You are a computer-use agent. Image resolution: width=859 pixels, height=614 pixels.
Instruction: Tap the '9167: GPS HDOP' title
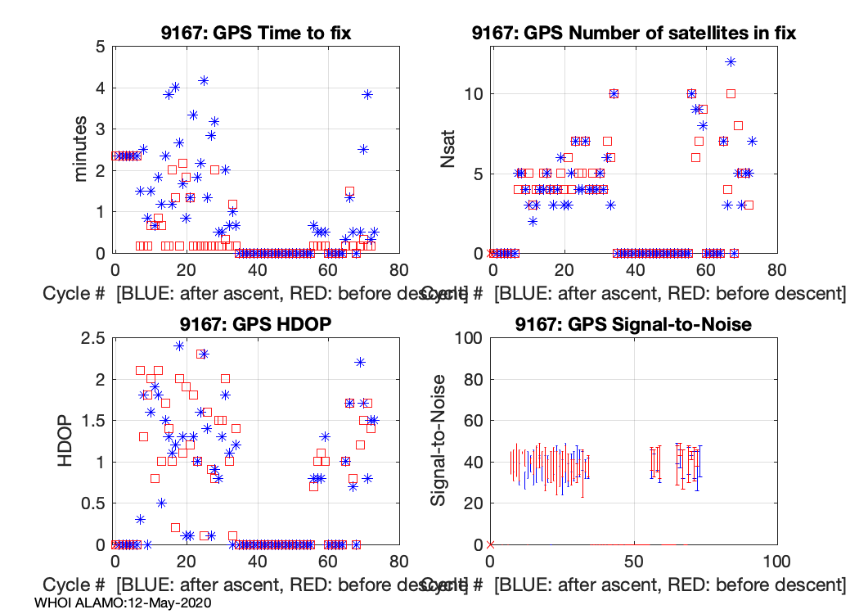pos(256,324)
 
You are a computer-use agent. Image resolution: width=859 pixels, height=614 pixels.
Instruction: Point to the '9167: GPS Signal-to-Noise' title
pos(634,324)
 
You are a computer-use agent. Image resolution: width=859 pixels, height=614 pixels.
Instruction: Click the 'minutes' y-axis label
pos(83,149)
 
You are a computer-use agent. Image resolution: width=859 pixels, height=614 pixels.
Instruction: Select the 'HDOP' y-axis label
pos(67,440)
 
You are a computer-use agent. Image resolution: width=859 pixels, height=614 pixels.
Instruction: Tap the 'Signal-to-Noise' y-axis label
pos(439,440)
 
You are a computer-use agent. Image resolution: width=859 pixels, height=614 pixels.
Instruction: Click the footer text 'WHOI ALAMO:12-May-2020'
pos(124,603)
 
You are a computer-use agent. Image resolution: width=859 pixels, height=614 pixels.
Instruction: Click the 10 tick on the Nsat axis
pos(472,93)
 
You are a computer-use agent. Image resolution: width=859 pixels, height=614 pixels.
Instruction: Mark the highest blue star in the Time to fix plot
pos(204,80)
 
